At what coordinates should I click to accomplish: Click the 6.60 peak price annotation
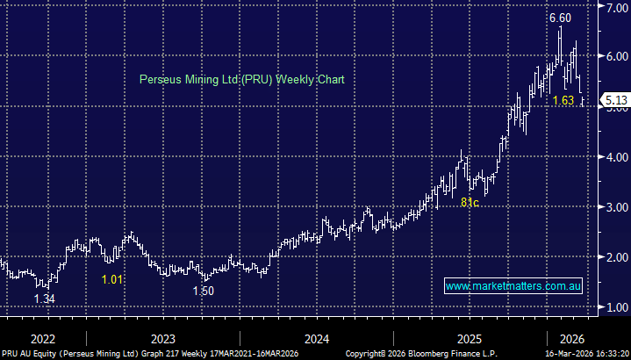(x=560, y=18)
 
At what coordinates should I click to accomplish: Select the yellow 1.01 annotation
(x=111, y=279)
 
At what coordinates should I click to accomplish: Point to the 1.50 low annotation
(x=204, y=290)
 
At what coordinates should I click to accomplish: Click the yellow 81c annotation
(x=470, y=203)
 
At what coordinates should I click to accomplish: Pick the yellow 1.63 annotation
(x=563, y=101)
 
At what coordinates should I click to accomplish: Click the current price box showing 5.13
(x=613, y=100)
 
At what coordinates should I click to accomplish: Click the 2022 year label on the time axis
(x=42, y=339)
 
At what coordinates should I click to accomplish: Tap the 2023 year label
(x=163, y=339)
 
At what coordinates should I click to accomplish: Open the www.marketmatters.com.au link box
(x=514, y=286)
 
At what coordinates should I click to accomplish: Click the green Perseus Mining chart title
(x=242, y=79)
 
